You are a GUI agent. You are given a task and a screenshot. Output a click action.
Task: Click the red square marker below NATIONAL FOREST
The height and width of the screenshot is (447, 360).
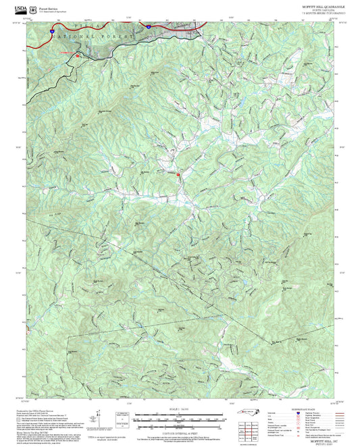(78, 56)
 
